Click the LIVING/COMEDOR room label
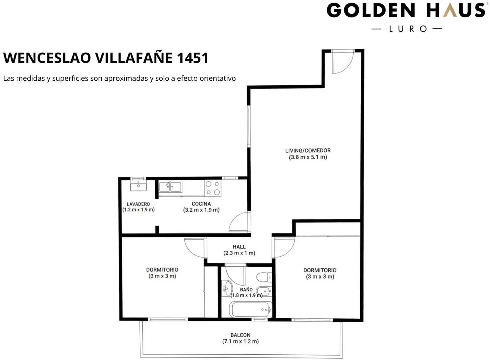click(308, 151)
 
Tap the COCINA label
click(201, 204)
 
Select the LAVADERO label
click(138, 204)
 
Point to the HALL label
click(239, 247)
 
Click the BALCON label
click(240, 335)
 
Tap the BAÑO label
click(246, 290)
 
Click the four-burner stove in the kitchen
click(213, 188)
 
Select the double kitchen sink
click(170, 187)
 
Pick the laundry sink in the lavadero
click(138, 185)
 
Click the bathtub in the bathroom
click(251, 309)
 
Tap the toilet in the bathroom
click(264, 277)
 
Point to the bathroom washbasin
click(227, 289)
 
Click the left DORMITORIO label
click(162, 270)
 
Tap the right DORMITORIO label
click(320, 270)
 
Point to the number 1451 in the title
click(193, 58)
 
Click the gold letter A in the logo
click(449, 10)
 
